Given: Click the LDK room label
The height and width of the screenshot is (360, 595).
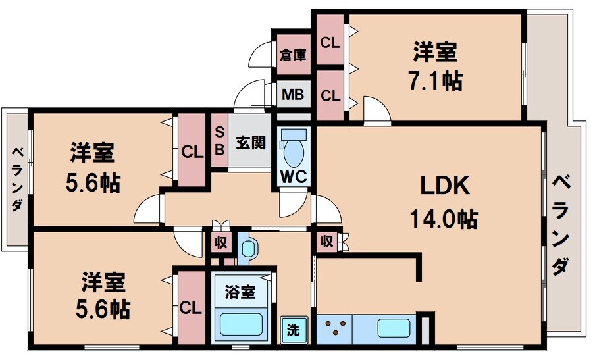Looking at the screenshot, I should [445, 187].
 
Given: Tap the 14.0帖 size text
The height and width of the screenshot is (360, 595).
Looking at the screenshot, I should [445, 218].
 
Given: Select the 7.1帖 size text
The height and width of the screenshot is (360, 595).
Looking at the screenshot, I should [434, 81].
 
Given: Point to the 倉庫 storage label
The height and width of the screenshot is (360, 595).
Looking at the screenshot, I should [293, 55].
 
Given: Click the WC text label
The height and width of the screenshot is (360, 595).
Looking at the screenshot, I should [293, 176].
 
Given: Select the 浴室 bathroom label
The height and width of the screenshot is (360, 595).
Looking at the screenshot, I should [241, 290].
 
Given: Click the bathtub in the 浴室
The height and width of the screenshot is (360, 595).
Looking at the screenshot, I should [241, 325].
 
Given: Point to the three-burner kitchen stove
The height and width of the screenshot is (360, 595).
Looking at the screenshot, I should [334, 327].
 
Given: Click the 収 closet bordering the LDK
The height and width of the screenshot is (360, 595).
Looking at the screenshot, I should [327, 242].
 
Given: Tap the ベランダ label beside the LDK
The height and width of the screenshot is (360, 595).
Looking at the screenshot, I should [560, 224].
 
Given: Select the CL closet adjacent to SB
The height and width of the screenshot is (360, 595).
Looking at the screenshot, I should [192, 151].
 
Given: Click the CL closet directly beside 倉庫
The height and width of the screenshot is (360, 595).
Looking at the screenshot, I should [330, 42].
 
